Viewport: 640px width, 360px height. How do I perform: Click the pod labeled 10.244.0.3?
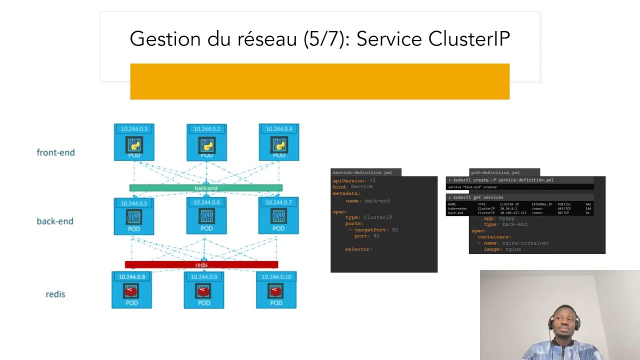(134, 142)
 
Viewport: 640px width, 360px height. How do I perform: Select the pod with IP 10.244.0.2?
(206, 142)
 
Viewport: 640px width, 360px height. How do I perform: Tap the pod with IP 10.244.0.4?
(279, 142)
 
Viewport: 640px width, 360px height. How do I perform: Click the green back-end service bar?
(205, 188)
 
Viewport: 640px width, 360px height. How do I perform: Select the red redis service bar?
(201, 264)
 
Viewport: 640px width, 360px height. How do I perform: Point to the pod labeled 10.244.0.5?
(134, 216)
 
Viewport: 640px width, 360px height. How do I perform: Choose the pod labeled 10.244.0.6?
(206, 216)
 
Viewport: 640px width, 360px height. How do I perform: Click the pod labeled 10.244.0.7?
(278, 216)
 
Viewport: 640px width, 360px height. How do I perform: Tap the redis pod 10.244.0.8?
(131, 290)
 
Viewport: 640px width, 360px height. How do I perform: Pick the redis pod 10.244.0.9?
(204, 290)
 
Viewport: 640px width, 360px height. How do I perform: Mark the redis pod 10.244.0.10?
(276, 290)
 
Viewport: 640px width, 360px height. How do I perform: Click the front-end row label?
(55, 152)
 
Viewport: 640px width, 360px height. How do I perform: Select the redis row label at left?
(55, 294)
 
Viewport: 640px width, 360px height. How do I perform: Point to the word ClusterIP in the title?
(469, 39)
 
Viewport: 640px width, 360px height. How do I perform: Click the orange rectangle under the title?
(319, 81)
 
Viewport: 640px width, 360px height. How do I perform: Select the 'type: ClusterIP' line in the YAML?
(368, 217)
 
